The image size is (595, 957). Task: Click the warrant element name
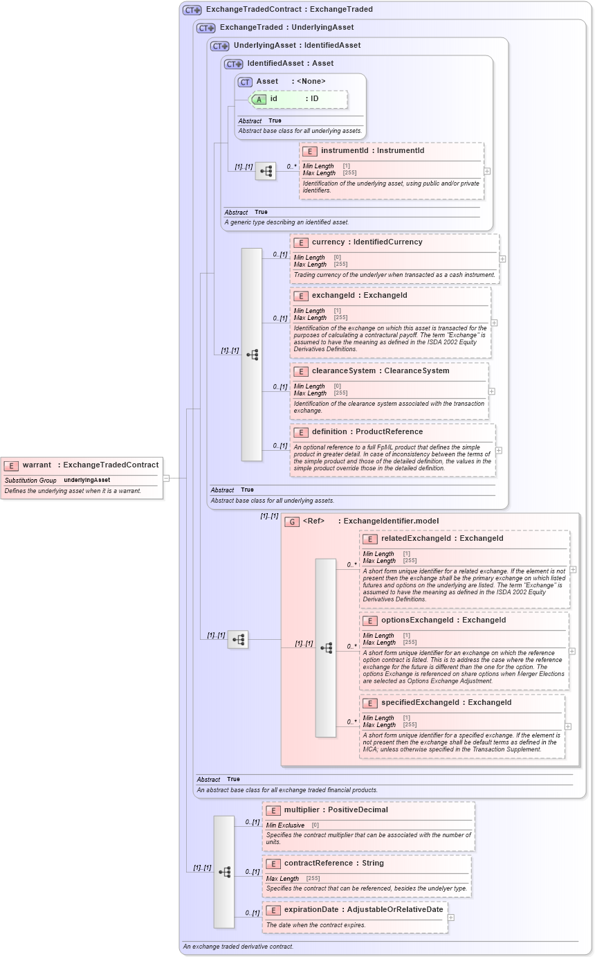tap(37, 465)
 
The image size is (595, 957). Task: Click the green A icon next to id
tap(258, 99)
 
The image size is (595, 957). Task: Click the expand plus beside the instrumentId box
tap(487, 171)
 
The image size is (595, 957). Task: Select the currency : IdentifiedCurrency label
tap(367, 242)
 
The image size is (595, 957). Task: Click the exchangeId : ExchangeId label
tap(359, 296)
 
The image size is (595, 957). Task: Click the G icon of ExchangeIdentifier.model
tap(292, 521)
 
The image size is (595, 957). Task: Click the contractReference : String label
tap(333, 864)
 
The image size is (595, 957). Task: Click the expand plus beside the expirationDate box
tap(451, 918)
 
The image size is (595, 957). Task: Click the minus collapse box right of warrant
tap(166, 478)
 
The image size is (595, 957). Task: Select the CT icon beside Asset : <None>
tap(245, 82)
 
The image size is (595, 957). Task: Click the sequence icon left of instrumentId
tap(266, 171)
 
